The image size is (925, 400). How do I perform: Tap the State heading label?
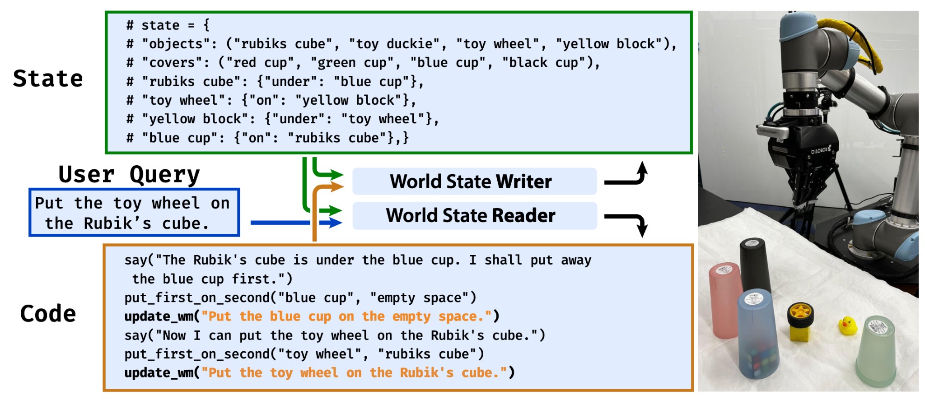[x=48, y=79]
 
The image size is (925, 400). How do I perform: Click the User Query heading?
[x=129, y=174]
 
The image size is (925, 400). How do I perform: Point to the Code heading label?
[x=48, y=314]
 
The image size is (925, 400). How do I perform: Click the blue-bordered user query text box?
[x=134, y=213]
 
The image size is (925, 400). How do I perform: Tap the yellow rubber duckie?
[x=847, y=325]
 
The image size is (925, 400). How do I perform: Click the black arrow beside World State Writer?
[x=628, y=176]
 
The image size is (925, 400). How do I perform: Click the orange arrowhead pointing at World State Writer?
[x=337, y=186]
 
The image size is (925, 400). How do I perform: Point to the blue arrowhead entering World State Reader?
[x=335, y=223]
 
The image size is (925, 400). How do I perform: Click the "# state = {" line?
[x=168, y=25]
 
